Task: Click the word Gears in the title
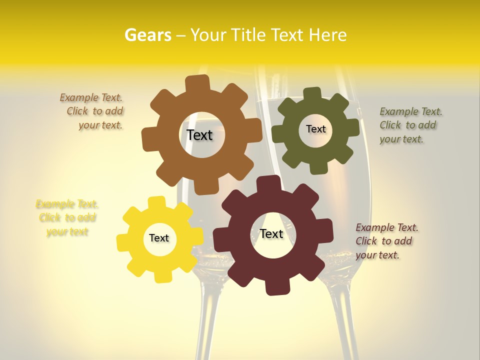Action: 148,35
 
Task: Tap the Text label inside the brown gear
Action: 199,135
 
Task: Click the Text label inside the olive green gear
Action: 315,129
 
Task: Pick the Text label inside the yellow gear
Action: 159,238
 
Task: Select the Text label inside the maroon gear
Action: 271,233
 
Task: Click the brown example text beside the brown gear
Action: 93,111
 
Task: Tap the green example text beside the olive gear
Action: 410,125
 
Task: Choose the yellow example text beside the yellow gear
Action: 67,217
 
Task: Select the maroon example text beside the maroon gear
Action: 386,241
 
